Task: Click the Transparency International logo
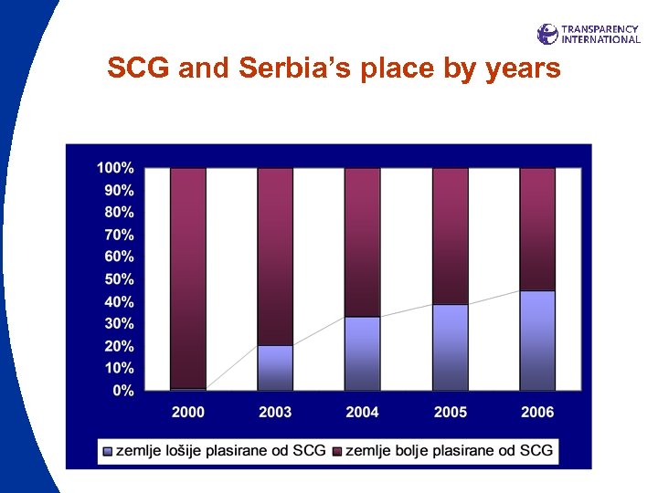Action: (589, 34)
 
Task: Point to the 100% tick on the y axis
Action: (115, 168)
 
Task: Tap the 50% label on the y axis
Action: (119, 279)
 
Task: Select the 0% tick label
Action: (122, 391)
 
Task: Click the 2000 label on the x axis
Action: (188, 413)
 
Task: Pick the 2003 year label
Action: (275, 413)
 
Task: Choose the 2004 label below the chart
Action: (363, 413)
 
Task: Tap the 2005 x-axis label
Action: (451, 413)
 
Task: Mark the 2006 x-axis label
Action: (537, 413)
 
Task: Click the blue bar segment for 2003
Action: (275, 368)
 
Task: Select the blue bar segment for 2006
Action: (537, 341)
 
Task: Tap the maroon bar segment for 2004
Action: (363, 242)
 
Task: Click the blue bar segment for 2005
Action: (451, 347)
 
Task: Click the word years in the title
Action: (521, 68)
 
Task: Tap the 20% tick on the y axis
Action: (119, 346)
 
